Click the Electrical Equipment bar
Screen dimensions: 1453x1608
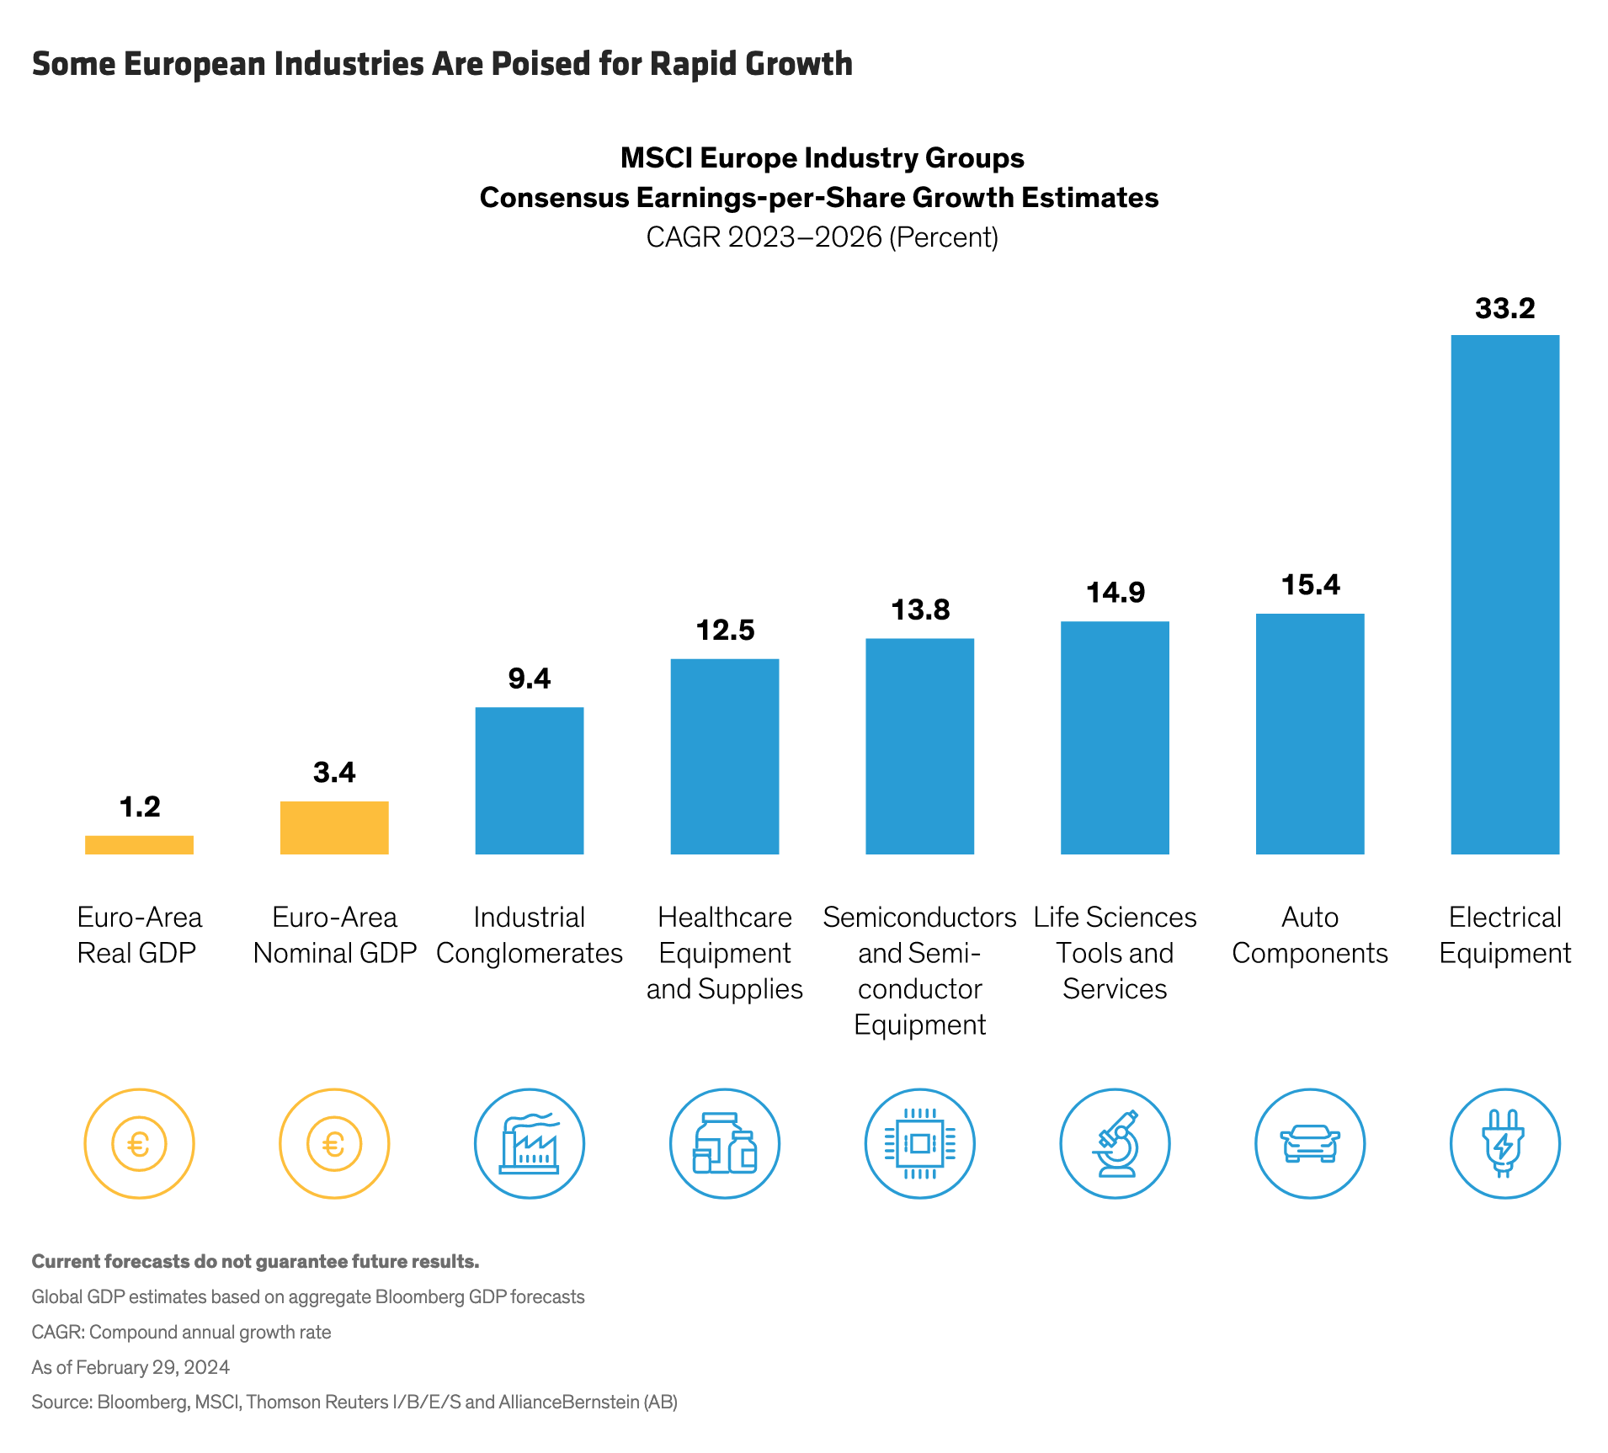pos(1504,594)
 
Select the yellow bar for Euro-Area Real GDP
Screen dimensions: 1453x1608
pos(139,844)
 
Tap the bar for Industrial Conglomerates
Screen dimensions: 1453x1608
pos(529,780)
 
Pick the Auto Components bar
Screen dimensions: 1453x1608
pos(1309,733)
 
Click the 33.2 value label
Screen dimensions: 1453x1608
pos(1504,308)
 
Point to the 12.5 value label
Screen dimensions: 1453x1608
pos(725,630)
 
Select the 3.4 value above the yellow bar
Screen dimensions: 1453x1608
pos(334,772)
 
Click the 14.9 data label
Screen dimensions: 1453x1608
pos(1115,593)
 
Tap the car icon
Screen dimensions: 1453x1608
pos(1309,1143)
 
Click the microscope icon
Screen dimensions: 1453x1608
pos(1115,1143)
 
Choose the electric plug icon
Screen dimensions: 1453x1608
pos(1504,1143)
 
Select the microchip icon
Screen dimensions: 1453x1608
pos(919,1143)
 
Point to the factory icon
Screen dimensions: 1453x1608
pos(529,1143)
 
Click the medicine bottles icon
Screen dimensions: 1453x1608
pos(725,1143)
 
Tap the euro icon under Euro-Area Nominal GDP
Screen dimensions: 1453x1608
pos(334,1143)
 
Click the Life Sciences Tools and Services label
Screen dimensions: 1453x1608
pos(1115,953)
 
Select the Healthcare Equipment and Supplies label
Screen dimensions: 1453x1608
pos(725,953)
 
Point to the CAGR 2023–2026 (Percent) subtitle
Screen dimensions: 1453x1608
pos(822,237)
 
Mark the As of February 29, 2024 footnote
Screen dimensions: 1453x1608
pos(130,1367)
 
